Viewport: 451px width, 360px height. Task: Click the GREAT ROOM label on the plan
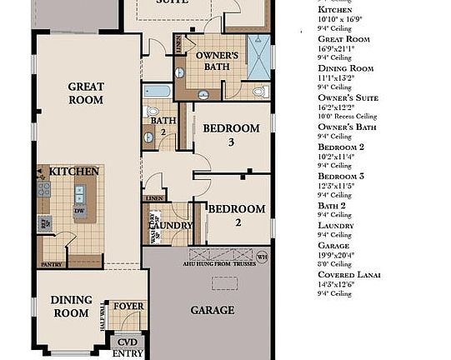(x=86, y=93)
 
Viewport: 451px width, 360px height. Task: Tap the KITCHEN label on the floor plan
(x=74, y=172)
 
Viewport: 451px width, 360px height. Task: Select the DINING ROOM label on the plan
(x=70, y=307)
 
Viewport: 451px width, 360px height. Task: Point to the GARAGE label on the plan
(x=212, y=310)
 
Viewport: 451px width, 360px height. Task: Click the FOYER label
(x=128, y=306)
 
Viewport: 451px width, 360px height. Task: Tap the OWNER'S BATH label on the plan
(x=218, y=61)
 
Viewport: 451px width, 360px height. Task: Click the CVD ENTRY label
(x=128, y=347)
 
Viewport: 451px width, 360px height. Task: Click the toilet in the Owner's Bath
(x=259, y=91)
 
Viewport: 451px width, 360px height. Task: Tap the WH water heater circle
(x=262, y=257)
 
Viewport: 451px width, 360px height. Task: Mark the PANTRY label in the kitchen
(x=52, y=265)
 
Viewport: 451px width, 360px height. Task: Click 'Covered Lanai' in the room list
(x=349, y=274)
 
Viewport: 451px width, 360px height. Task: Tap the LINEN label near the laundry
(x=153, y=199)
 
